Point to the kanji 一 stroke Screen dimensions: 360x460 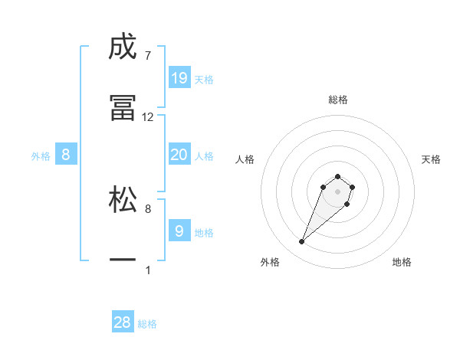tap(123, 260)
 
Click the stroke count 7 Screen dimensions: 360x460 tap(147, 55)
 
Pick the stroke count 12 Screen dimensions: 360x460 tap(148, 117)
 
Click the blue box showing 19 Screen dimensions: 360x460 tap(179, 78)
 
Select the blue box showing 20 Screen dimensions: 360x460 tap(179, 155)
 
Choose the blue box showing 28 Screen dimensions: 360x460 tap(123, 322)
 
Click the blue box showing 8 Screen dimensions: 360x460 tap(66, 155)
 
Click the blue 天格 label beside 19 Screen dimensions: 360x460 tap(204, 79)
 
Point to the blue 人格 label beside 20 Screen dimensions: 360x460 tap(204, 155)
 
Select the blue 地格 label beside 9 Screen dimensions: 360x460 tap(204, 231)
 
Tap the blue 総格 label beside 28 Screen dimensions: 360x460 tap(147, 324)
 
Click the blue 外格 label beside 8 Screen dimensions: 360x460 tap(41, 155)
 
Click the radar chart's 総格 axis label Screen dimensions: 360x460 tap(337, 100)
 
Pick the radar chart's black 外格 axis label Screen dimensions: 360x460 tap(270, 263)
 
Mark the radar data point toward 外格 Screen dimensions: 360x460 tap(302, 242)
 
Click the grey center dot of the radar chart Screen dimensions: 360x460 tap(337, 191)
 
